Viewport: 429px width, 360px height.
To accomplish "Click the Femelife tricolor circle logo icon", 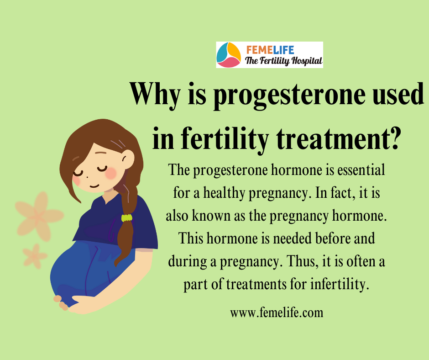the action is [229, 55].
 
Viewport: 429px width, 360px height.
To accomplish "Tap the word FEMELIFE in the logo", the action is [270, 50].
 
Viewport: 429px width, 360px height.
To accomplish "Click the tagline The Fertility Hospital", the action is [283, 61].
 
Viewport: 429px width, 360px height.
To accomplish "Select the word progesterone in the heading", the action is [289, 95].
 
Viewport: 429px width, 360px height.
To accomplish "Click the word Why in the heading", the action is [155, 94].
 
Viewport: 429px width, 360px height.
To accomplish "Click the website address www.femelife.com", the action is [277, 312].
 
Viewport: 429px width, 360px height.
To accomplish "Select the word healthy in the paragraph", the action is [224, 193].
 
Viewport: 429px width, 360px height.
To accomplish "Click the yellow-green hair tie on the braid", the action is [127, 218].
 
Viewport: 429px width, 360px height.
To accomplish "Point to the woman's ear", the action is [128, 159].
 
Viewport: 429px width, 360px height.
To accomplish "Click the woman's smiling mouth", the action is [94, 186].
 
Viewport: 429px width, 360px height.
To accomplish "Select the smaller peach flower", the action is [35, 256].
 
